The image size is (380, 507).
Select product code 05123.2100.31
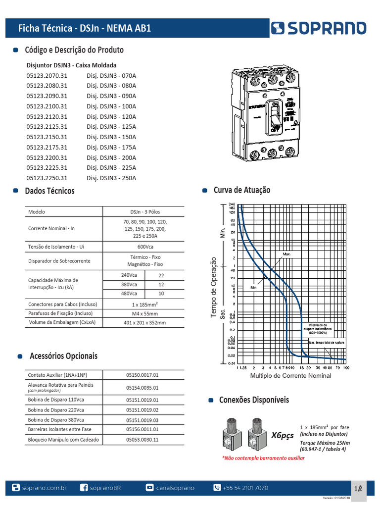(47, 106)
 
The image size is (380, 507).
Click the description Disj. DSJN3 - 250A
(111, 178)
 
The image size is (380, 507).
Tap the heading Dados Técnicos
(49, 191)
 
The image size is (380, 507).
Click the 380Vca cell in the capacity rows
(129, 285)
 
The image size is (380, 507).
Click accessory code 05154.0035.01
(142, 388)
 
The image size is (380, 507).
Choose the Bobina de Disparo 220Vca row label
(56, 410)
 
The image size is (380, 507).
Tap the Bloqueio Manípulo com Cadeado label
(63, 439)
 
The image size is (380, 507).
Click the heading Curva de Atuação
(241, 190)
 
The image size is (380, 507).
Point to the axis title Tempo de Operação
(214, 287)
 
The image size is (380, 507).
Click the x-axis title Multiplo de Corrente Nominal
(290, 376)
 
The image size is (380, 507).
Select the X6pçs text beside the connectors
(283, 435)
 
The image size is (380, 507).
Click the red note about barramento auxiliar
(263, 458)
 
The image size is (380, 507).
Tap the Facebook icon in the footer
(84, 488)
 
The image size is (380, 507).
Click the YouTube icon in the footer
(149, 488)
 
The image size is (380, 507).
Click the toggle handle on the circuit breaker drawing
(274, 117)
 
